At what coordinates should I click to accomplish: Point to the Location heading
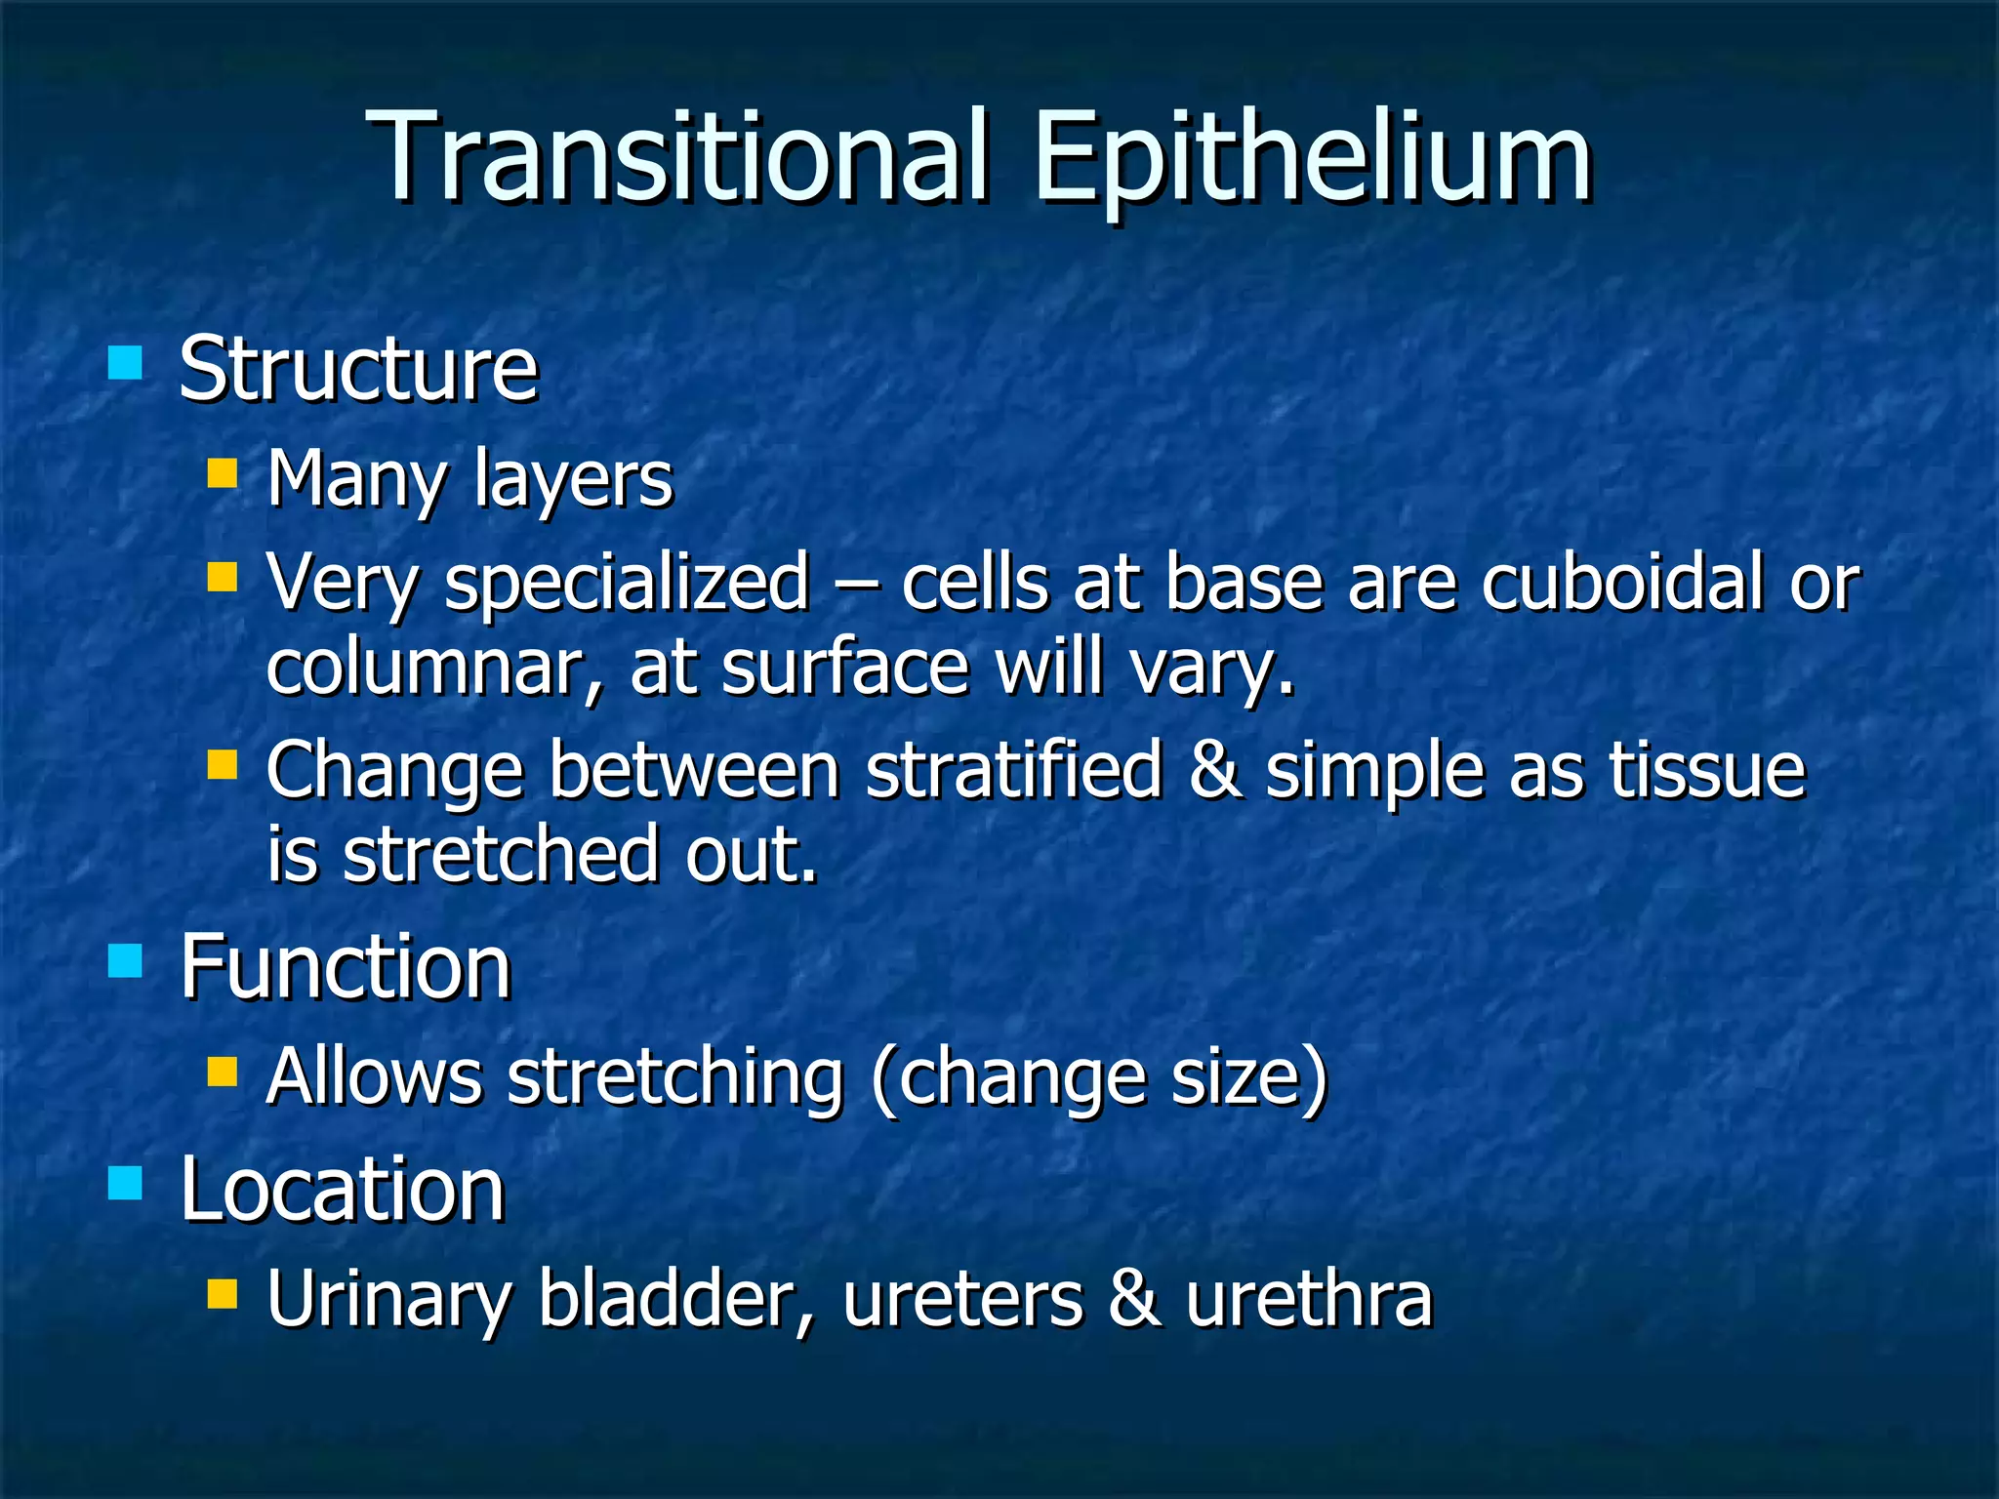[x=342, y=1189]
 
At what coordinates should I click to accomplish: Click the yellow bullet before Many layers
[x=222, y=474]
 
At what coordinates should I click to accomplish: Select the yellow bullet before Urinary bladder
[x=222, y=1295]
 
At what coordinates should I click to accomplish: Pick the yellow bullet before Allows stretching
[x=222, y=1073]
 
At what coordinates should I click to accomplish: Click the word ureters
[x=962, y=1301]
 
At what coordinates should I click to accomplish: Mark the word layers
[x=573, y=480]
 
